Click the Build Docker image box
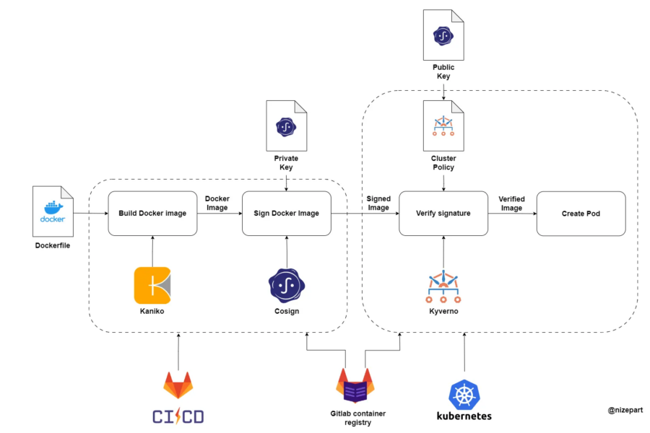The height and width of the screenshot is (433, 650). [x=152, y=214]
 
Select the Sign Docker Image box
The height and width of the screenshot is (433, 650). [x=286, y=214]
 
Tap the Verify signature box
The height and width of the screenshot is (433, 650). [x=443, y=214]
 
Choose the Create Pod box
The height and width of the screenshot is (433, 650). [x=581, y=214]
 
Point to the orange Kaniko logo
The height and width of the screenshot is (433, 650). [x=152, y=285]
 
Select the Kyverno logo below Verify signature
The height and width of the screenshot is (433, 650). [x=443, y=288]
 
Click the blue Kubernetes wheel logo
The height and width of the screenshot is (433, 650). [x=464, y=394]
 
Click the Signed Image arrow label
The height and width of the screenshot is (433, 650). [x=378, y=203]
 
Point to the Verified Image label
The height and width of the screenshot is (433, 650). [x=511, y=203]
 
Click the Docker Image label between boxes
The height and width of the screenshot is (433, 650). [x=217, y=203]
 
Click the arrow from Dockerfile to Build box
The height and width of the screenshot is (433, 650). [x=90, y=214]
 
